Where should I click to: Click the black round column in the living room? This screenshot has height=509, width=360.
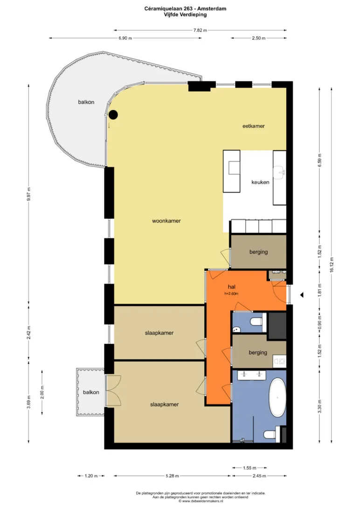tap(113, 114)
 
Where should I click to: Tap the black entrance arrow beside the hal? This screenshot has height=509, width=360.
tap(302, 295)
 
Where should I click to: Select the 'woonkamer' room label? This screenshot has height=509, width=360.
tap(166, 221)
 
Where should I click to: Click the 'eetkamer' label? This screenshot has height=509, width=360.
tap(254, 126)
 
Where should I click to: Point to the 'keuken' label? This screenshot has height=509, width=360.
tap(260, 182)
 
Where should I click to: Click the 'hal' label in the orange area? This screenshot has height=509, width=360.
tap(231, 287)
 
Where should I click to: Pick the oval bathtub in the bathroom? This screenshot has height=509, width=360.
tap(277, 398)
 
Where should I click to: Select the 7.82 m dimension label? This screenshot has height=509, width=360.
tap(200, 30)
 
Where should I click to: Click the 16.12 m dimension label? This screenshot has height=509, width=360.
tap(332, 265)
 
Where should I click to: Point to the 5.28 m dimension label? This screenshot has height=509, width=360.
tap(172, 476)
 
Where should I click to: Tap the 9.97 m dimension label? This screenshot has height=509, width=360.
tap(28, 194)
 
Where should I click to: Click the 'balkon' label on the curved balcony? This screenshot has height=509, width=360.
tap(86, 102)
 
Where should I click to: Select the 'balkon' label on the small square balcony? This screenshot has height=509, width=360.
tap(91, 392)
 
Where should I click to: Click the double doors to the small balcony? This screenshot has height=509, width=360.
tap(114, 391)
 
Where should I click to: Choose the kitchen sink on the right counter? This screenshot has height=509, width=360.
tap(279, 172)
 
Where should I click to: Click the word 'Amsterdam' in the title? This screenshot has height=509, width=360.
tap(212, 9)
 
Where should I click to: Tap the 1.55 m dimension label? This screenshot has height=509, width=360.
tap(249, 468)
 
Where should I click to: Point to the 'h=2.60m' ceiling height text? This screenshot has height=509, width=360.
tap(231, 294)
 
